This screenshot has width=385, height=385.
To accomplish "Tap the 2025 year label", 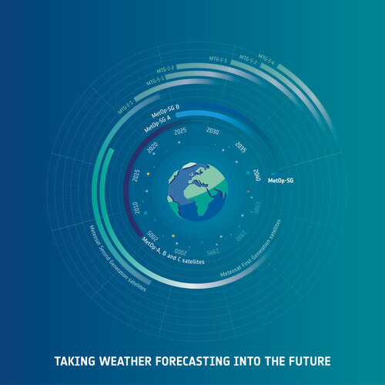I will coord(180,132).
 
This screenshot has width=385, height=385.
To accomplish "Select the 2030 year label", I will coord(213,132).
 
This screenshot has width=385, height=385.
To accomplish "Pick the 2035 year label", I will coord(240,147).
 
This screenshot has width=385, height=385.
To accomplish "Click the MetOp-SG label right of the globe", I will coord(280,181).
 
